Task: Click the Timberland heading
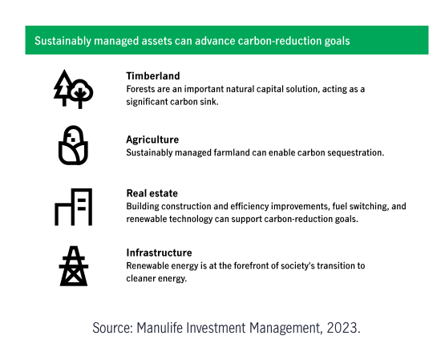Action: pyautogui.click(x=153, y=76)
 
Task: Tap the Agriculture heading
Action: pyautogui.click(x=152, y=140)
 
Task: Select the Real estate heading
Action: pyautogui.click(x=152, y=193)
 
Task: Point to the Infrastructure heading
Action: pyautogui.click(x=159, y=253)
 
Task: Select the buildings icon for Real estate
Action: pyautogui.click(x=74, y=207)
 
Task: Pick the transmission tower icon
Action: pyautogui.click(x=74, y=266)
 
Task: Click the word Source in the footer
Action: pyautogui.click(x=113, y=328)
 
